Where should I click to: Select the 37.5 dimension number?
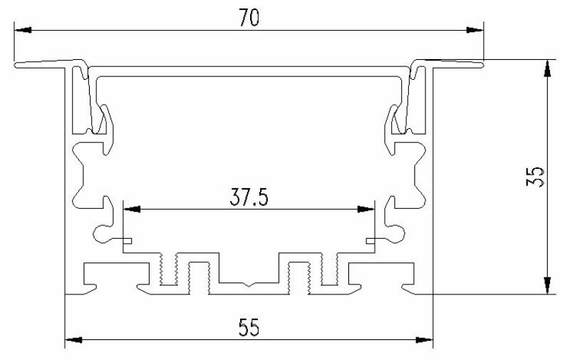click(x=249, y=198)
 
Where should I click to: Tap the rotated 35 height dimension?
click(x=536, y=177)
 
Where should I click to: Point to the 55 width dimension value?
click(x=249, y=327)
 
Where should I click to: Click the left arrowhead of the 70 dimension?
click(x=23, y=30)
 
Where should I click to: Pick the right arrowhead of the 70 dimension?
click(x=475, y=30)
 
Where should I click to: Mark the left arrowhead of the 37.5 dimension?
click(x=132, y=209)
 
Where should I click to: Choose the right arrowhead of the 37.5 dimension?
click(x=366, y=209)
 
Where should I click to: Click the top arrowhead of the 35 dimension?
click(x=546, y=68)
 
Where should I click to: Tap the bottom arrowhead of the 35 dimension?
click(x=546, y=285)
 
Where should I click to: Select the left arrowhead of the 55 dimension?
click(x=73, y=340)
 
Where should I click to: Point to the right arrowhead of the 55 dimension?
click(x=424, y=340)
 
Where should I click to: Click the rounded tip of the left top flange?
click(x=16, y=65)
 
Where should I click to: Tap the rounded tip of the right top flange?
click(x=482, y=64)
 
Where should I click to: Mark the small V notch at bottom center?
click(x=249, y=284)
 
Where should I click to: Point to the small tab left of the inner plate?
click(x=128, y=240)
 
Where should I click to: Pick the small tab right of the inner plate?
click(x=370, y=240)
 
